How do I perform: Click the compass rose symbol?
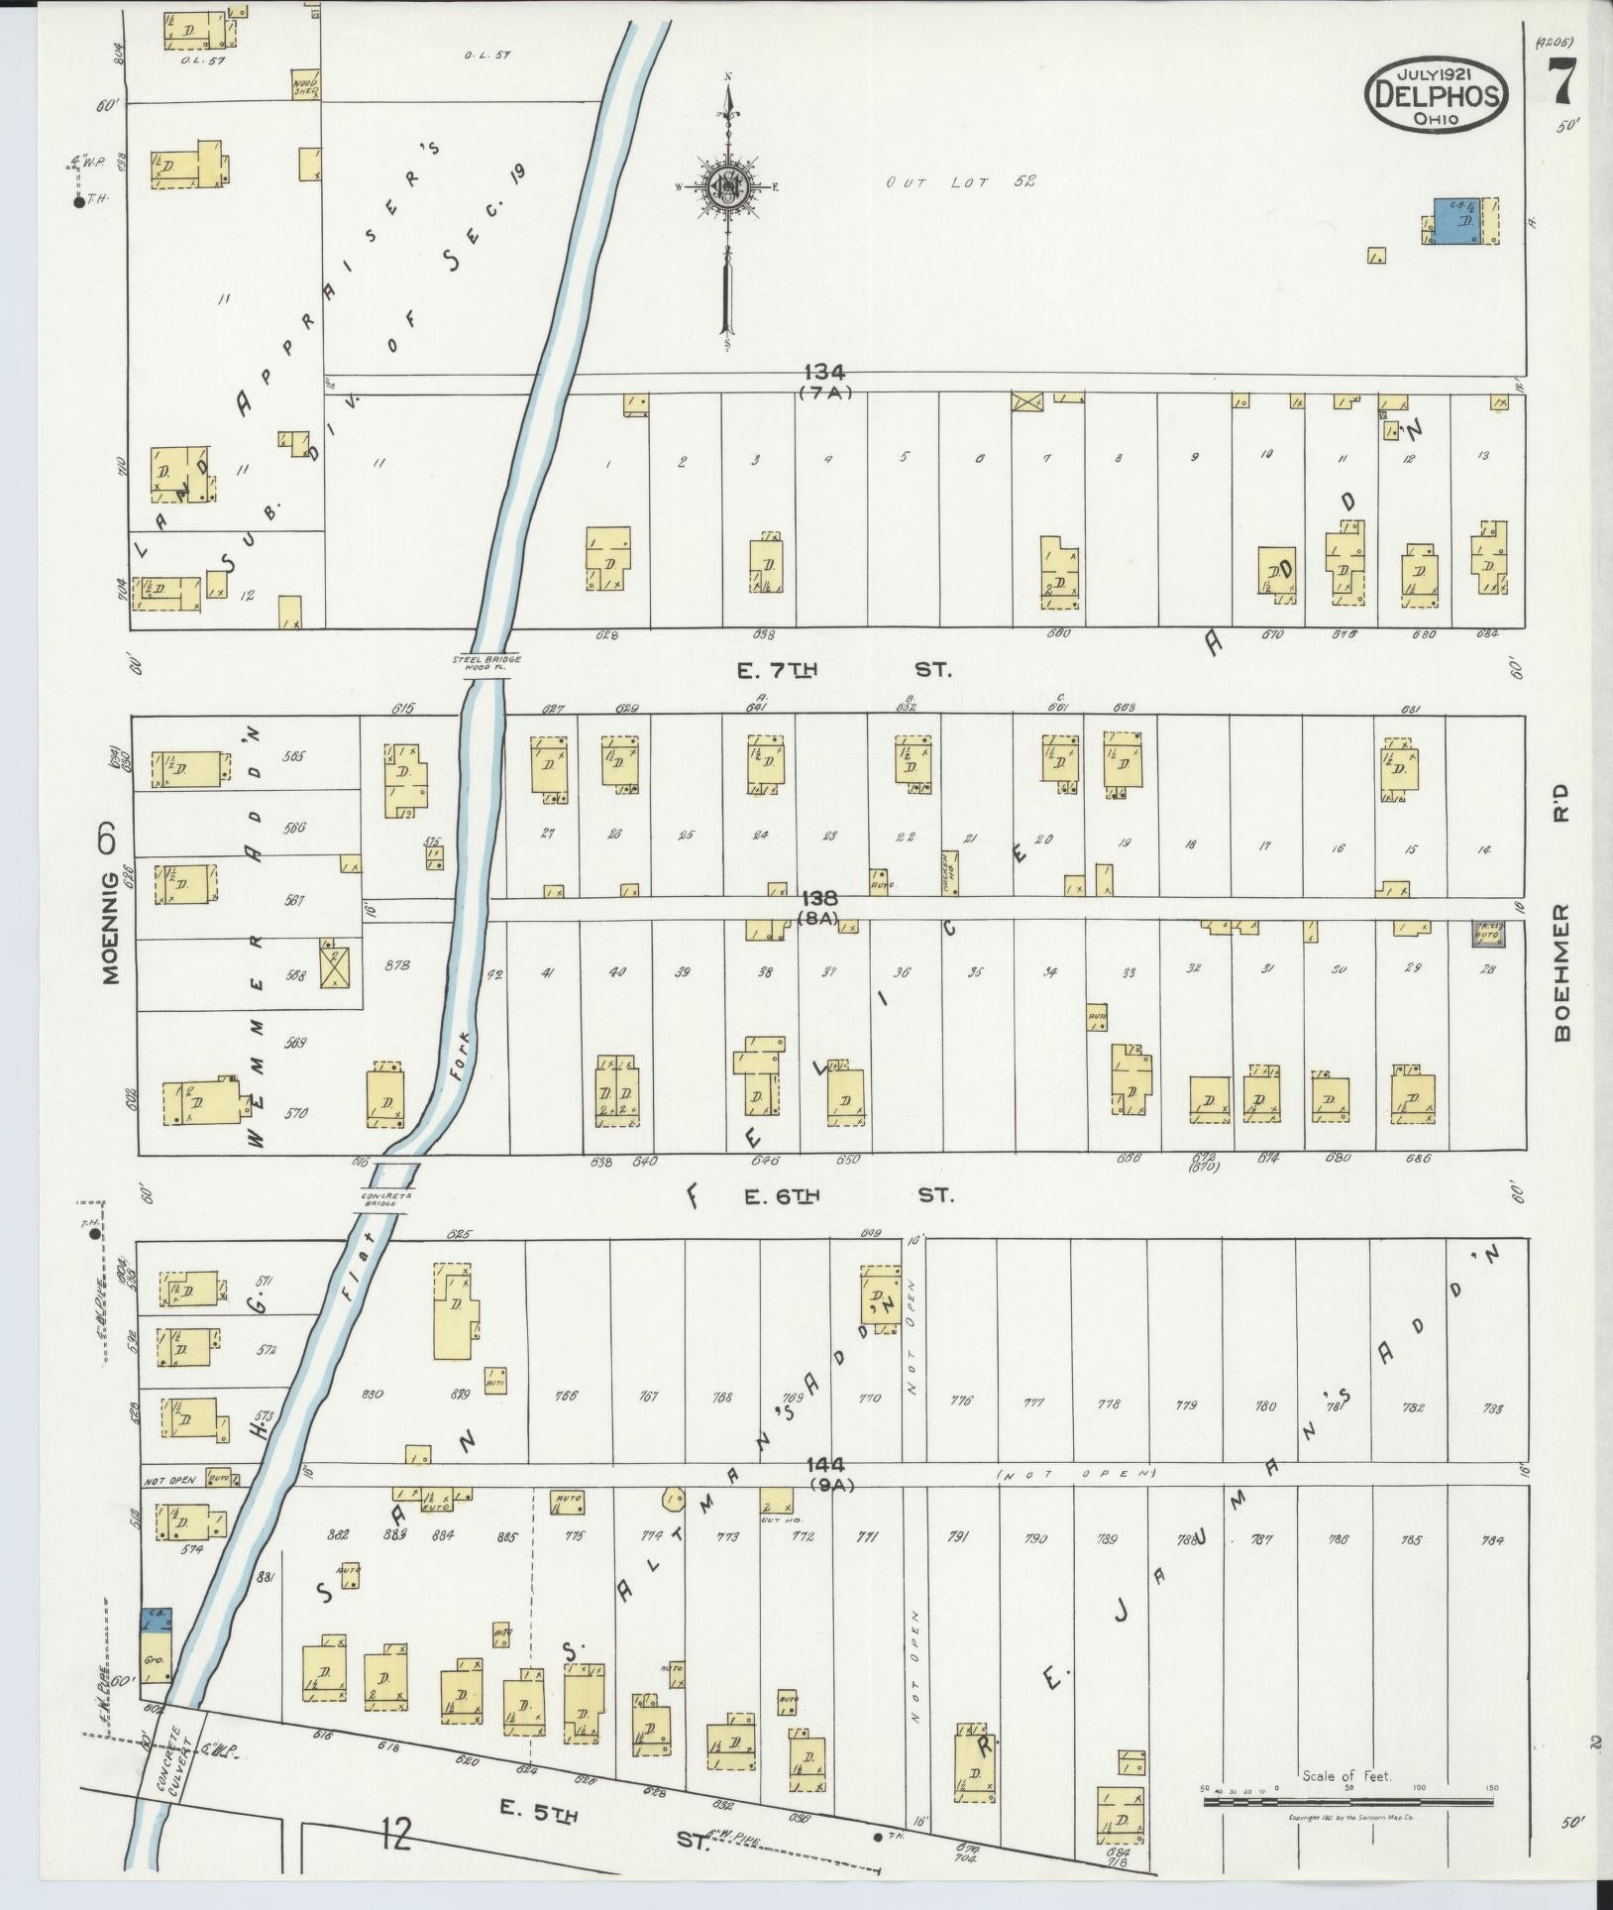(x=729, y=185)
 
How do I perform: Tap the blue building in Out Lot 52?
(x=1453, y=221)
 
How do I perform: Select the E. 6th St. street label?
(x=848, y=1196)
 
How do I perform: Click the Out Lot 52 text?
(x=960, y=181)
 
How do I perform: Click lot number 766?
(x=566, y=1397)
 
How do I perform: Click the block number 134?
(x=824, y=373)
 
